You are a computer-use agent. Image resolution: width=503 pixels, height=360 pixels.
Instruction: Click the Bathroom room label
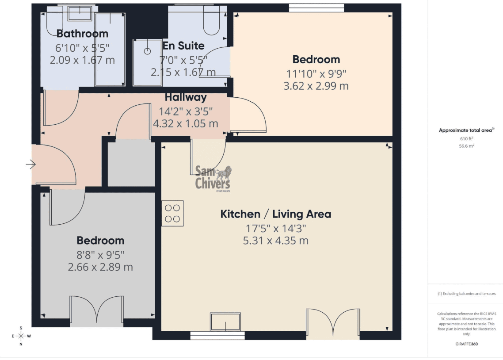(82, 34)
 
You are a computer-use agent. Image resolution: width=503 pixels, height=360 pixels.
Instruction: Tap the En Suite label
(183, 46)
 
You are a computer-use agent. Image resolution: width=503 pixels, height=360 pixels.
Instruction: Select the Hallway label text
(186, 97)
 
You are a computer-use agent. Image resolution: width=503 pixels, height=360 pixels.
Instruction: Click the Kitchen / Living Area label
(275, 214)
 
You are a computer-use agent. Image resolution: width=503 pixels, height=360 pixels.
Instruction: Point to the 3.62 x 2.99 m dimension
(316, 86)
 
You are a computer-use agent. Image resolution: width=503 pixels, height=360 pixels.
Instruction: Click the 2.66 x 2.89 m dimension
(100, 267)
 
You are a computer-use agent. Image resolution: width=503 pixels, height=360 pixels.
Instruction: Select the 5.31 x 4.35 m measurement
(275, 241)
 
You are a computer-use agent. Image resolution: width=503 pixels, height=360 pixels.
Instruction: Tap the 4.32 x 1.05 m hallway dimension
(186, 123)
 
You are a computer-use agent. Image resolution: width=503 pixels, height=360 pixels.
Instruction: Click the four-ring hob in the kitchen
(172, 213)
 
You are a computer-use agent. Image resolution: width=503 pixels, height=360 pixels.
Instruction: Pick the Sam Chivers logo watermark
(213, 178)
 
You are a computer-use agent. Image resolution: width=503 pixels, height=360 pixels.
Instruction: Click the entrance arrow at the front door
(31, 164)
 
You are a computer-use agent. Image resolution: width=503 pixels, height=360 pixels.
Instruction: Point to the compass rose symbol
(21, 336)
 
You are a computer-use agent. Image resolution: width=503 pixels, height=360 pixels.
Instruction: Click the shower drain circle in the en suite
(147, 51)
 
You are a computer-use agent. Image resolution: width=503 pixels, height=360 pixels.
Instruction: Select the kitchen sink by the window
(225, 322)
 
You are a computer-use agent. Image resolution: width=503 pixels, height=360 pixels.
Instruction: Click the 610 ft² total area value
(466, 138)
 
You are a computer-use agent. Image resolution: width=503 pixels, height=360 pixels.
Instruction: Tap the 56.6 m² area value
(466, 146)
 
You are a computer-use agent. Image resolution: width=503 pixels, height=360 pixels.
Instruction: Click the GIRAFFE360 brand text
(466, 344)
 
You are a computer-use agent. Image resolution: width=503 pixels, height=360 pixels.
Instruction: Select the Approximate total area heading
(466, 130)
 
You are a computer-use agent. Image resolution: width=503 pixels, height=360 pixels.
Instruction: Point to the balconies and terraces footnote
(466, 294)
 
